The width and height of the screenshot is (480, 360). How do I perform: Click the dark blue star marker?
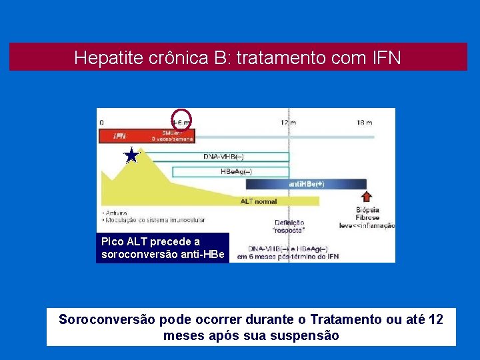click(132, 156)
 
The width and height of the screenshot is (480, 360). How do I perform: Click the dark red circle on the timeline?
click(181, 119)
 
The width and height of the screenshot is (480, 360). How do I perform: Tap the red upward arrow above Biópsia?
click(366, 196)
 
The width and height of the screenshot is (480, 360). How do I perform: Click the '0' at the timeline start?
click(101, 123)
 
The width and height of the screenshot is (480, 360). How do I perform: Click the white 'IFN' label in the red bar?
click(119, 136)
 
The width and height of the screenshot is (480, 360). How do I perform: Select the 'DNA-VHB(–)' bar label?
click(223, 157)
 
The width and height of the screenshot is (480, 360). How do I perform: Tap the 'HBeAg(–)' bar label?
click(236, 171)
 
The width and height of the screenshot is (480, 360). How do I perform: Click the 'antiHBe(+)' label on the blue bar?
click(307, 184)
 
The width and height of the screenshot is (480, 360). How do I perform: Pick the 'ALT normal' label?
click(259, 201)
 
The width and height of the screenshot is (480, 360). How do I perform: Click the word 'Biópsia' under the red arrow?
click(367, 210)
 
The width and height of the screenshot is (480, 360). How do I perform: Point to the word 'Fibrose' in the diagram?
click(367, 218)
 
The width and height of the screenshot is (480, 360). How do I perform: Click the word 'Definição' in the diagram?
click(289, 222)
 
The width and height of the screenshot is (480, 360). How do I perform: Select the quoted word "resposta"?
click(289, 230)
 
